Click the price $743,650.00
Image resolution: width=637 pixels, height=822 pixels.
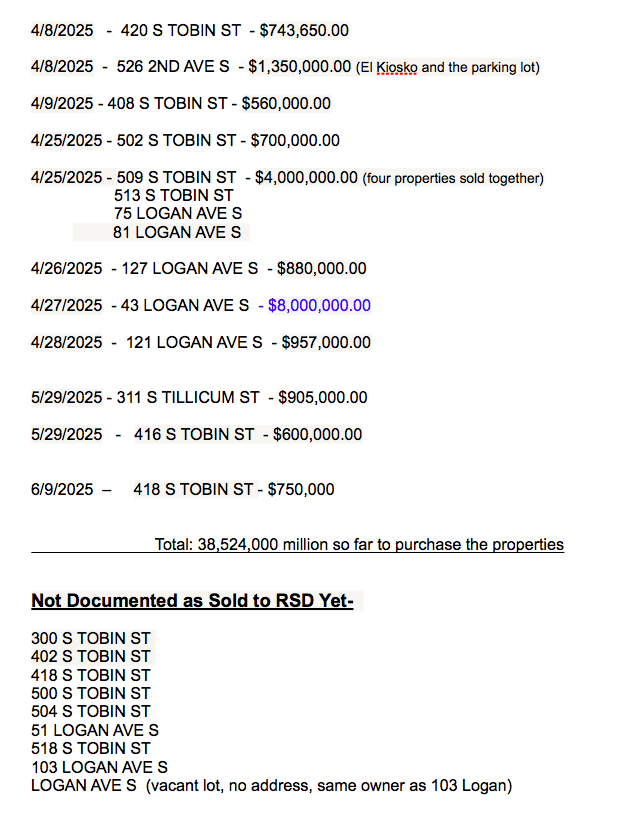coord(304,31)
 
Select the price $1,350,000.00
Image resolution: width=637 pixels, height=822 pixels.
coord(299,67)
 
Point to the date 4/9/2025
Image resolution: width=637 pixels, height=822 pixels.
coord(62,103)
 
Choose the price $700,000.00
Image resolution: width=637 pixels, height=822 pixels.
coord(295,141)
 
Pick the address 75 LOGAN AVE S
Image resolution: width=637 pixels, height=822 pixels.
coord(178,214)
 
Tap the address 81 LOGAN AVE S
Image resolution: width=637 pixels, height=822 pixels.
coord(178,232)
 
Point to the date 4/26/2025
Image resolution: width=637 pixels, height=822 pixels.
coord(66,268)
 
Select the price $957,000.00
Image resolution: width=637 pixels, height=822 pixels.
coord(325,342)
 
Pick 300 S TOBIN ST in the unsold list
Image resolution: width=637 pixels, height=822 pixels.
coord(91,638)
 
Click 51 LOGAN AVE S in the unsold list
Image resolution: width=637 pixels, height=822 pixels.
coord(95,730)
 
